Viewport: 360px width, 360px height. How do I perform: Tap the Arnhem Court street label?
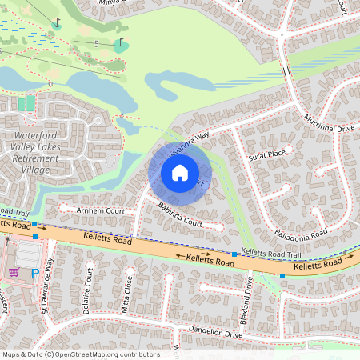click(x=101, y=210)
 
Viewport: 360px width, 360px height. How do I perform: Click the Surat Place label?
click(x=266, y=154)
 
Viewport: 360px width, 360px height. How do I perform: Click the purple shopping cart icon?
click(x=14, y=272)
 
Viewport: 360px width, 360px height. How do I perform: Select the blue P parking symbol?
click(x=34, y=274)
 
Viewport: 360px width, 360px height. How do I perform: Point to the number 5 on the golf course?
click(x=96, y=43)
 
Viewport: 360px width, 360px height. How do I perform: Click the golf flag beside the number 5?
click(x=120, y=42)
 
